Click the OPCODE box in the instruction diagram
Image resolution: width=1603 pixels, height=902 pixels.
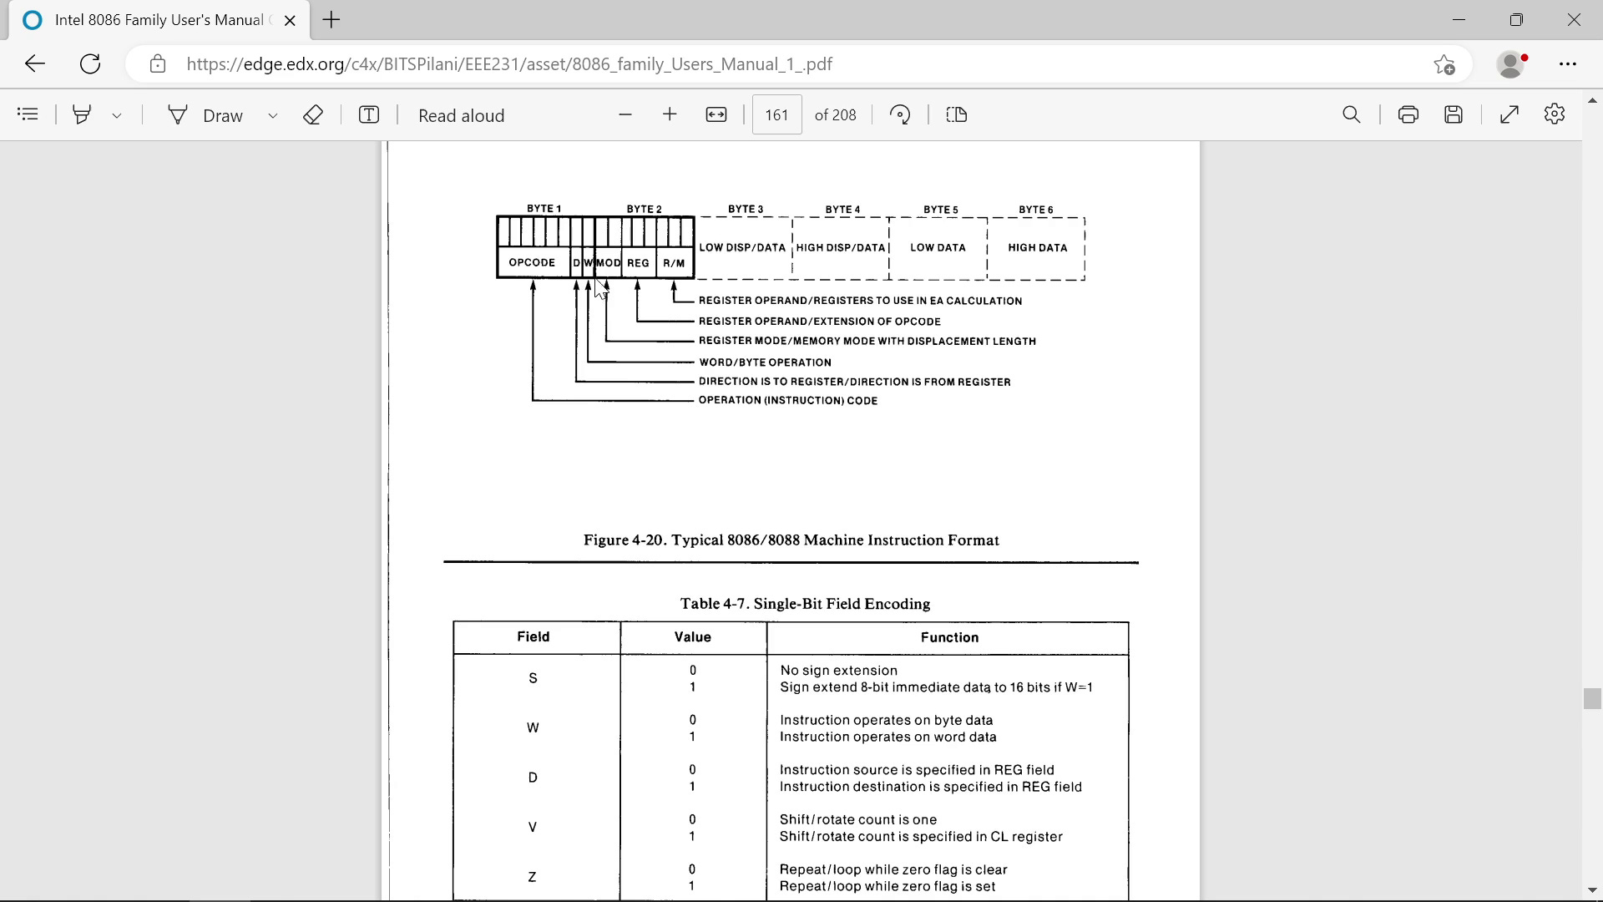532,262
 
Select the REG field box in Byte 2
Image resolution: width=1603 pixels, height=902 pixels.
638,262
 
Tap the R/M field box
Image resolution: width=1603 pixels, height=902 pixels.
674,262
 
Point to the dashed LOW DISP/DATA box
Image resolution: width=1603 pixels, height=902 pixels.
742,248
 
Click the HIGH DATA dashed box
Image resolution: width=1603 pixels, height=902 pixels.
1037,248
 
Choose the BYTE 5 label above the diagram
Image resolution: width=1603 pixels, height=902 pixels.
940,210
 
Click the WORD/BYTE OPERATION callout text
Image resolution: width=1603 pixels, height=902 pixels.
765,362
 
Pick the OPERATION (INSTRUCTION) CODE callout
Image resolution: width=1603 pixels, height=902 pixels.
787,401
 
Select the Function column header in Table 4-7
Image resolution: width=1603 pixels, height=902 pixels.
949,637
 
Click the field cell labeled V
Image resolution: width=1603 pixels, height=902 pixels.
533,828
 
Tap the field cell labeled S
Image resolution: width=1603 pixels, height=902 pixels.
533,678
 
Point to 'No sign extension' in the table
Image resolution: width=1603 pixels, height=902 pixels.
838,671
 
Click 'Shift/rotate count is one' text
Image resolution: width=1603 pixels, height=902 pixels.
857,820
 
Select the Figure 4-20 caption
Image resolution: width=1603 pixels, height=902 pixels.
791,540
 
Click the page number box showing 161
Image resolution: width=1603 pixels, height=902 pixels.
776,115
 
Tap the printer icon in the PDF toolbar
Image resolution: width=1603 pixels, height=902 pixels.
1408,115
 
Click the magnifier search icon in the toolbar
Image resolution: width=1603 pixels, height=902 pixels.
1351,115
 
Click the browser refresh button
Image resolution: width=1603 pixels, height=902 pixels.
90,64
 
